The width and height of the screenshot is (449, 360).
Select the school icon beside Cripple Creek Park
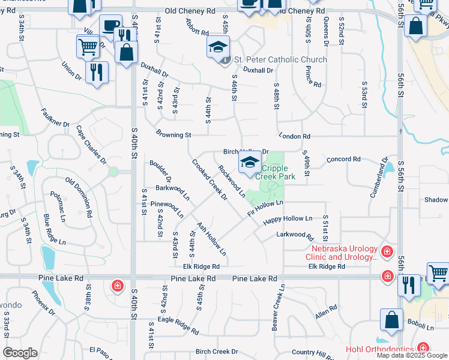pyautogui.click(x=250, y=161)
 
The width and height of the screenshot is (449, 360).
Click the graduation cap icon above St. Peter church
pyautogui.click(x=218, y=46)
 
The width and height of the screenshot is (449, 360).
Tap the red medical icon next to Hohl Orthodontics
pyautogui.click(x=424, y=348)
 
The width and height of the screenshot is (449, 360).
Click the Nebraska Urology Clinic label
pyautogui.click(x=343, y=253)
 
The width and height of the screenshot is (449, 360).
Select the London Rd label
pyautogui.click(x=294, y=137)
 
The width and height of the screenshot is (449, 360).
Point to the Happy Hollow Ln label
pyautogui.click(x=288, y=219)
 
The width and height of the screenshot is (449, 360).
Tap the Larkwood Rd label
pyautogui.click(x=291, y=234)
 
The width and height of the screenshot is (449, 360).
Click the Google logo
pyautogui.click(x=20, y=353)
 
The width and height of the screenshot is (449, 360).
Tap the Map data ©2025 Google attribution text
pyautogui.click(x=412, y=355)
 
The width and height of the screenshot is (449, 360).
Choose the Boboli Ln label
pyautogui.click(x=422, y=327)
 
